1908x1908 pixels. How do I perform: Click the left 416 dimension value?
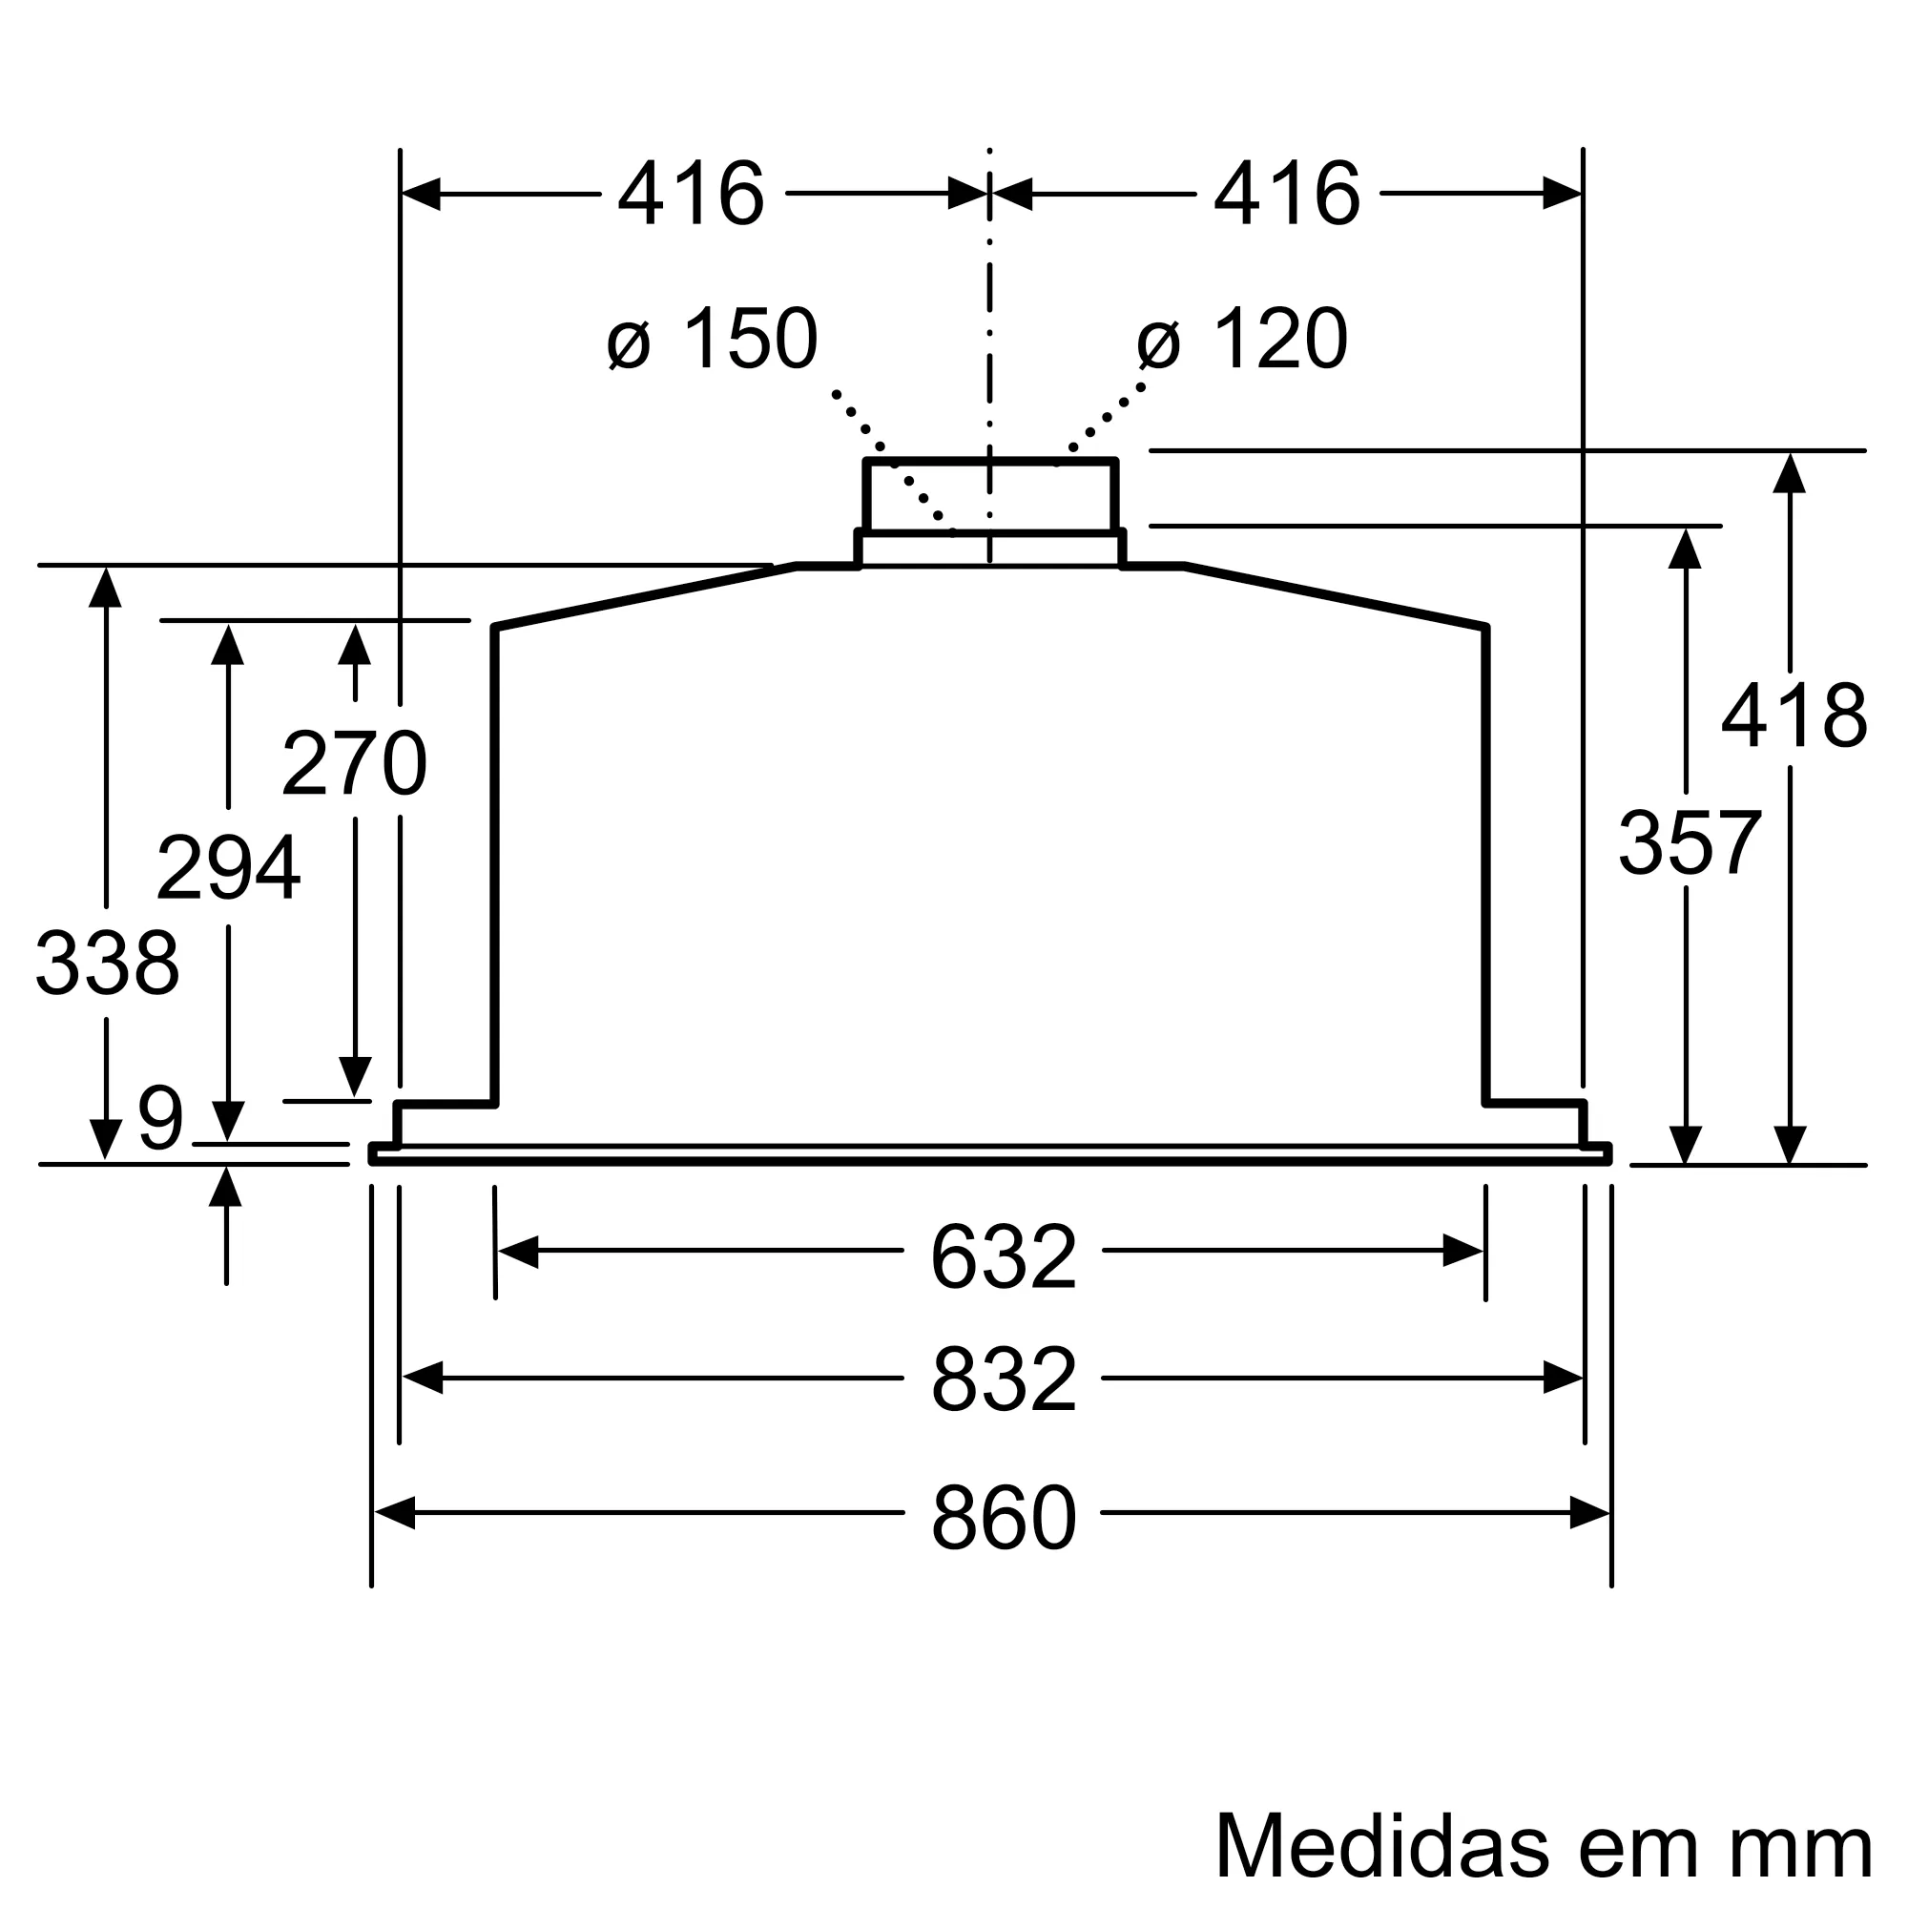tap(692, 194)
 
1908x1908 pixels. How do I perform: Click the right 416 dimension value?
tap(1287, 194)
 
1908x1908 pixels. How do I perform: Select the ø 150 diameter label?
tap(713, 339)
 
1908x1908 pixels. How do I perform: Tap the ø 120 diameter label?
tap(1242, 339)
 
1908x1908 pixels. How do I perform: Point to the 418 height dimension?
tap(1794, 716)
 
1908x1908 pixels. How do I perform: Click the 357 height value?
tap(1690, 842)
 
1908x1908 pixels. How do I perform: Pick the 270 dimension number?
tap(354, 762)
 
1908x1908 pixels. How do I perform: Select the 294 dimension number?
tap(228, 868)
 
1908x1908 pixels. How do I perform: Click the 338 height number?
tap(107, 963)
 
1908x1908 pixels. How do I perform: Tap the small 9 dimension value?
tap(161, 1119)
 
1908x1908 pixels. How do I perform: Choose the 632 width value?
tap(1003, 1257)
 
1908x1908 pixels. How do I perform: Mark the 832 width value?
tap(1003, 1379)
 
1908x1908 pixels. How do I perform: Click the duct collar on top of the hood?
tap(989, 497)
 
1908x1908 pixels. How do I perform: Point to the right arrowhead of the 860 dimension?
tap(1590, 1513)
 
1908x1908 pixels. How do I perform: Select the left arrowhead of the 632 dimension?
tap(517, 1252)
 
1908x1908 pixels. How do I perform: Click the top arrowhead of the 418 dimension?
tap(1790, 473)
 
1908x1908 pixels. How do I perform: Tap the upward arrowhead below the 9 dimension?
tap(226, 1186)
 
